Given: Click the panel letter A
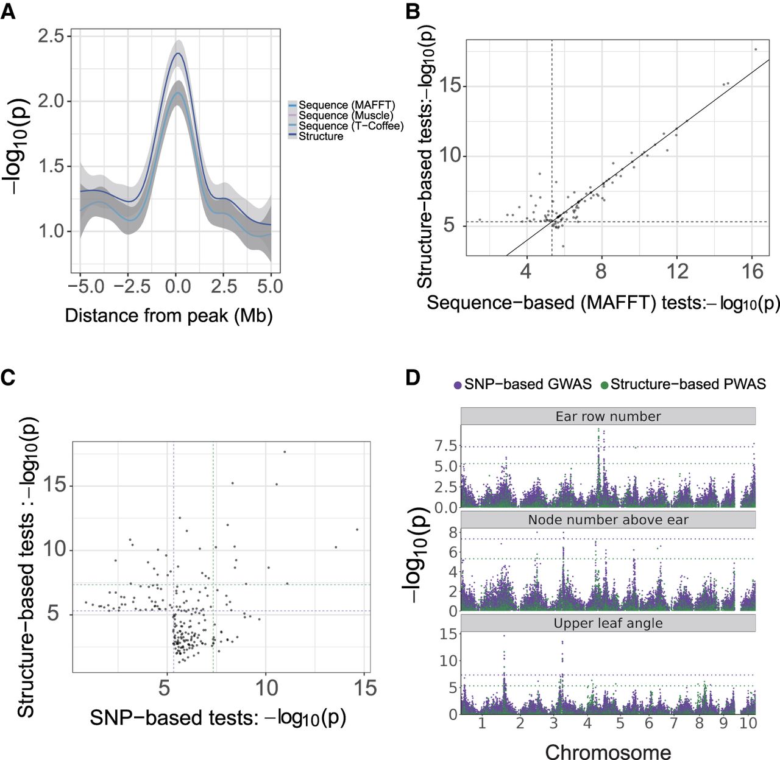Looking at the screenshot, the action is click(8, 12).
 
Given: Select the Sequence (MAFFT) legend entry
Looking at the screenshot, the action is click(342, 105).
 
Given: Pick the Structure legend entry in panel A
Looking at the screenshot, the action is click(316, 136).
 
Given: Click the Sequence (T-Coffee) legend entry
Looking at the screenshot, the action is click(346, 126).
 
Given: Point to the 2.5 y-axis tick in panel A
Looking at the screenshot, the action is click(51, 36).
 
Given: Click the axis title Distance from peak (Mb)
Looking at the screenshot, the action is click(169, 316).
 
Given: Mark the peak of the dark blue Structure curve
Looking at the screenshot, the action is click(176, 53).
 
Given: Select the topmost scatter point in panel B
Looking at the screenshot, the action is click(756, 49).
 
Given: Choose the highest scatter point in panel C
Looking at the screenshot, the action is click(285, 452).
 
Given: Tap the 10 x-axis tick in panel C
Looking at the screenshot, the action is click(266, 688).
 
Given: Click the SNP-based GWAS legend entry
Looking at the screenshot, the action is click(522, 384).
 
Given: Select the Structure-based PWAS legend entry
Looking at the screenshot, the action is click(683, 384).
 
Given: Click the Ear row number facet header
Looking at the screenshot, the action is click(608, 417).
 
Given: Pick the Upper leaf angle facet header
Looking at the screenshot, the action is click(608, 623).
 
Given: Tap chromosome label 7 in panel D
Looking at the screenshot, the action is click(674, 723).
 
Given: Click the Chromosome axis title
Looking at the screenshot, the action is click(608, 751).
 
